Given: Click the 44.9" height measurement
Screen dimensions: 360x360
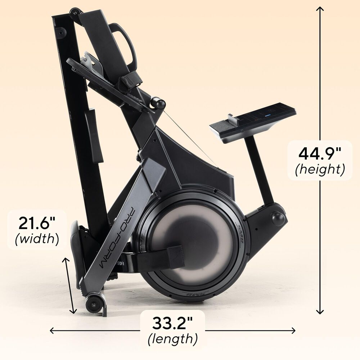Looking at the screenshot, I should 320,153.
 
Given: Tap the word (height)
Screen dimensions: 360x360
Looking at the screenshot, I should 320,169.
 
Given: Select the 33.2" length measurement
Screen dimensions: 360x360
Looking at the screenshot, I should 172,322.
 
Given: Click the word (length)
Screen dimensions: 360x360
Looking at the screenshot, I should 172,338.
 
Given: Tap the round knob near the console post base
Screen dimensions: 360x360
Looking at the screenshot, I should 278,219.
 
